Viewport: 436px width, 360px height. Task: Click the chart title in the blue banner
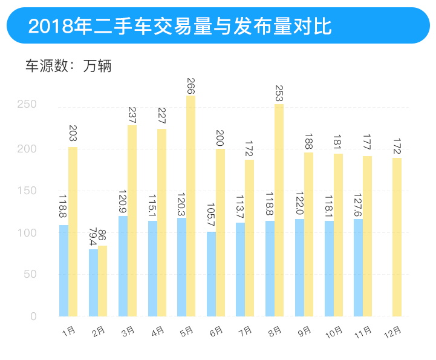pyautogui.click(x=180, y=27)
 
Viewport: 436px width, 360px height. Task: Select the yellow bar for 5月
pyautogui.click(x=191, y=206)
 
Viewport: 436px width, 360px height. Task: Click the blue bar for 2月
pyautogui.click(x=93, y=283)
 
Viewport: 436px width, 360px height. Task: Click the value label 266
pyautogui.click(x=191, y=85)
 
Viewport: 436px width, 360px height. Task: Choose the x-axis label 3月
pyautogui.click(x=128, y=332)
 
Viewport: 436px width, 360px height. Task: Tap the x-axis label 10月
pyautogui.click(x=334, y=332)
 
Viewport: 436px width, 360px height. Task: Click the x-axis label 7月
pyautogui.click(x=246, y=332)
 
